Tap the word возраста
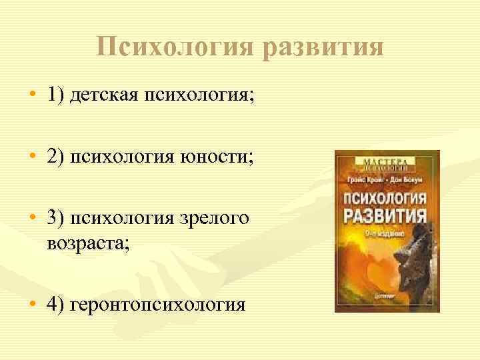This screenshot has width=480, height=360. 87,243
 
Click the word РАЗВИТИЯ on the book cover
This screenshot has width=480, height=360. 385,215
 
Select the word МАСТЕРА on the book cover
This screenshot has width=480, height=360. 386,160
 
